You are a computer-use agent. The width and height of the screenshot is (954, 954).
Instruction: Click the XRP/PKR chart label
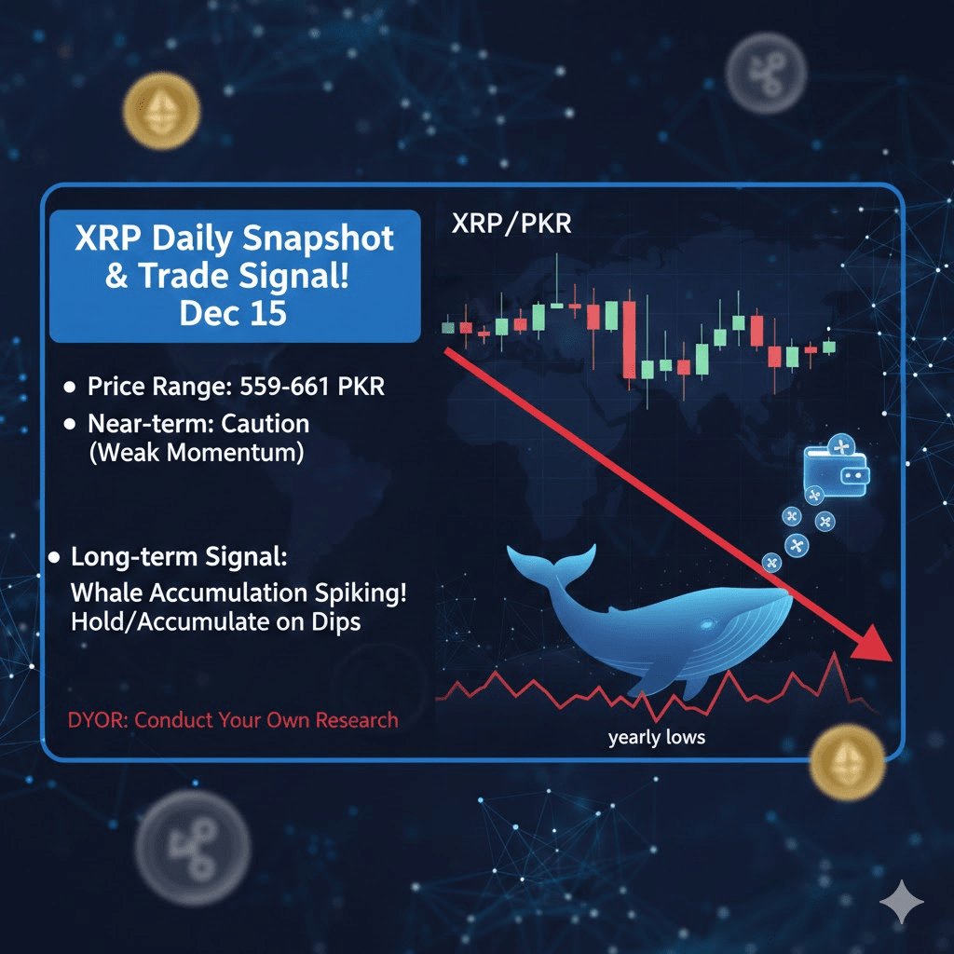pos(511,224)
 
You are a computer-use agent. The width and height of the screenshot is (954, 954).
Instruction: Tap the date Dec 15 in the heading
pos(233,313)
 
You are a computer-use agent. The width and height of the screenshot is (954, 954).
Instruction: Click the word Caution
pos(265,424)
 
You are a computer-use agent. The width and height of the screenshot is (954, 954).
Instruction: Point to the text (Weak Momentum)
pos(197,453)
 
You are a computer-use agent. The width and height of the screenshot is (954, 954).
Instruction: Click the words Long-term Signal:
pos(179,557)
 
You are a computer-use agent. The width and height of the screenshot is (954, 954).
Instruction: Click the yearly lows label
pos(657,738)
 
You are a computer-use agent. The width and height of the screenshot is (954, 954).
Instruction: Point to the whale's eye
pos(707,625)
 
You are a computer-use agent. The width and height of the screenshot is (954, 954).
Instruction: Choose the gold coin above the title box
pos(161,111)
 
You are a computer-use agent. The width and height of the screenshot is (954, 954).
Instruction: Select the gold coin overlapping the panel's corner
pos(848,762)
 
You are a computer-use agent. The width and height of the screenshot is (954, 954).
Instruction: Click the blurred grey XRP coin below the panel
pos(192,848)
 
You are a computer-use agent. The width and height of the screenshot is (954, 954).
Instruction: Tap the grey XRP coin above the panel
pos(766,73)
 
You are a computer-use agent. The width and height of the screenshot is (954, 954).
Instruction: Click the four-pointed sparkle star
pos(902,902)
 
